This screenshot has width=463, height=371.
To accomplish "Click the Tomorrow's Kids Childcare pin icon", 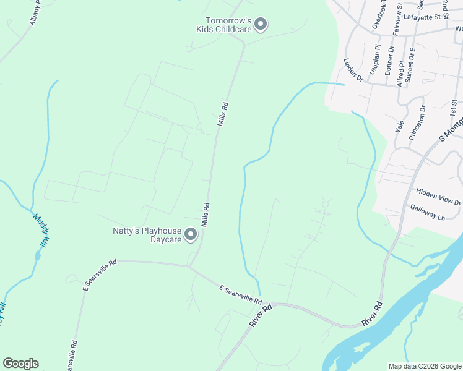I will [x=261, y=25].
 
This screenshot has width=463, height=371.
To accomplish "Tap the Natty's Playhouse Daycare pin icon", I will [x=191, y=234].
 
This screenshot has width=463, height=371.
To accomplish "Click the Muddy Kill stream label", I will [x=42, y=232].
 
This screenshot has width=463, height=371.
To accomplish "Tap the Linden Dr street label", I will [x=353, y=70].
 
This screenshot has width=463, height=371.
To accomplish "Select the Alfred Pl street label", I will [x=402, y=72].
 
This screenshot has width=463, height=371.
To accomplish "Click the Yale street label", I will [x=399, y=126].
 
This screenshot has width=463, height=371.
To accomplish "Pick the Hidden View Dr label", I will [x=439, y=197].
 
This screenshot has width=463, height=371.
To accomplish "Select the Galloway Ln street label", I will [x=428, y=213].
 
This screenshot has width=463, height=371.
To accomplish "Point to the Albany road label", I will [x=34, y=12].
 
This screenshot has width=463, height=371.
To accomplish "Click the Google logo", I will [x=20, y=364].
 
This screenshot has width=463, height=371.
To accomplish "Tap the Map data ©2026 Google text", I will [x=425, y=366].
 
